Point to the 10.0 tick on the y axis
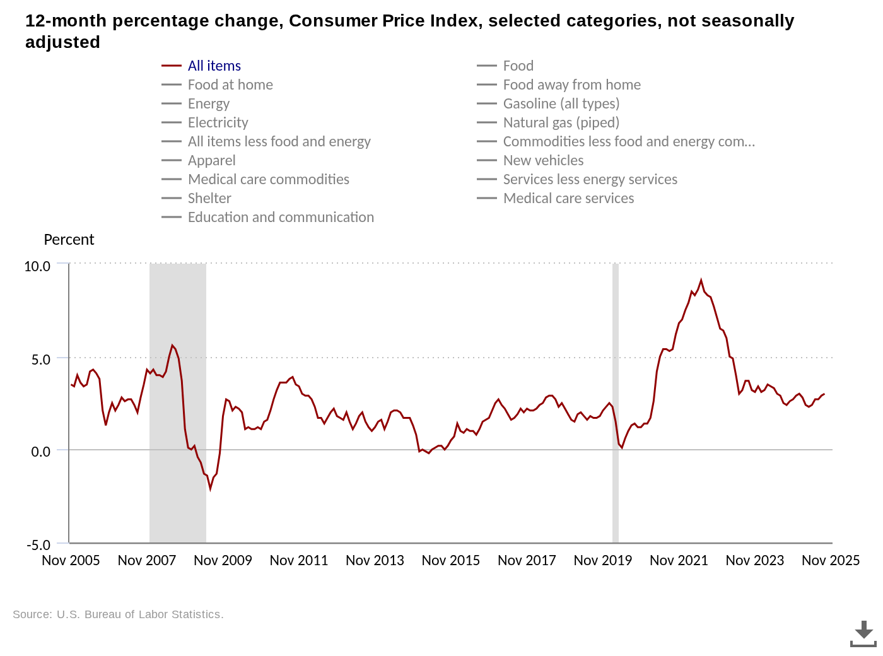tap(37, 266)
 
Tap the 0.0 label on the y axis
tap(40, 452)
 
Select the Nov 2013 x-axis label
tap(375, 560)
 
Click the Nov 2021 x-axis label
tap(679, 560)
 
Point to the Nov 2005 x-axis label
tap(71, 560)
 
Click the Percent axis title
tap(69, 240)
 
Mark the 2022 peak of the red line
tap(701, 280)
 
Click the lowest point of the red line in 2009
tap(211, 488)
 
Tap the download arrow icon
tap(863, 633)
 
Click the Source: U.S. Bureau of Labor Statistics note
tap(118, 614)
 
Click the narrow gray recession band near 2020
tap(616, 404)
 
